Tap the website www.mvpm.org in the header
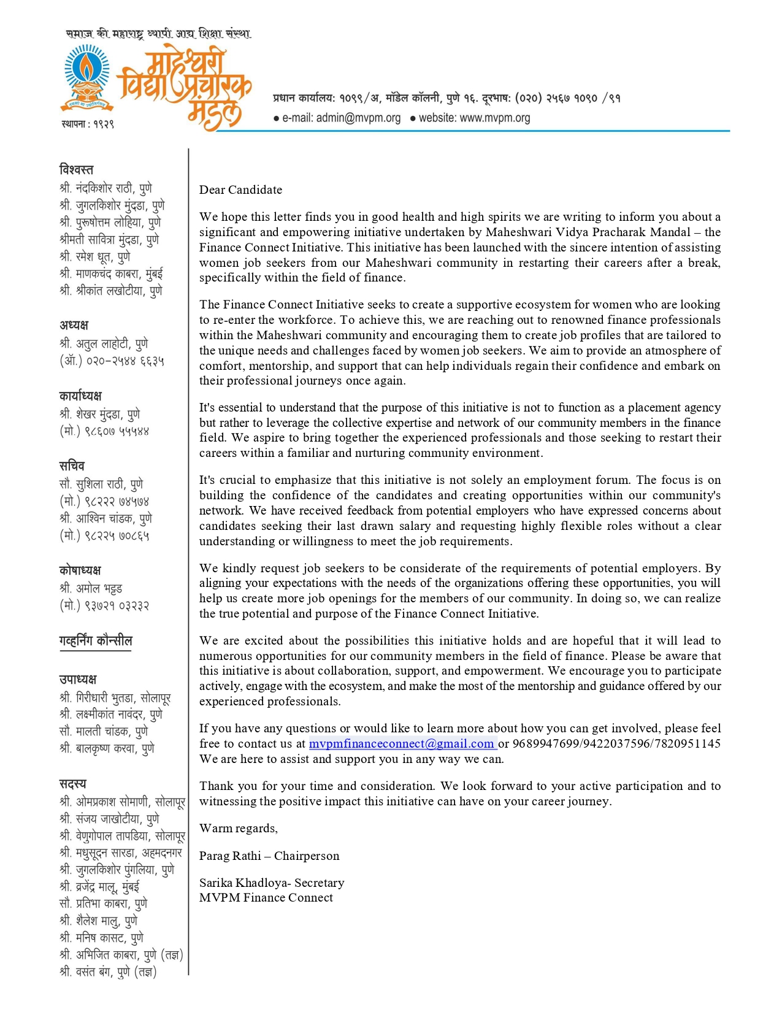coord(494,118)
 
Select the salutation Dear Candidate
coord(240,190)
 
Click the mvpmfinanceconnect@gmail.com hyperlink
coord(402,743)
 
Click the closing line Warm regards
coord(238,828)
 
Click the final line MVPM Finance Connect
coord(266,897)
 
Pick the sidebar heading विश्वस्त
coord(77,169)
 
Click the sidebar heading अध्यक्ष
coord(74,325)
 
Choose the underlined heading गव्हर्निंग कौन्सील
coord(96,641)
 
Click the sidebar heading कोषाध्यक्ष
coord(80,570)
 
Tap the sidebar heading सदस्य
coord(73,784)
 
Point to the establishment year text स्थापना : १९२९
coord(87,124)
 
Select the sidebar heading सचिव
coord(72,466)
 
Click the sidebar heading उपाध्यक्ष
coord(78,680)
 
